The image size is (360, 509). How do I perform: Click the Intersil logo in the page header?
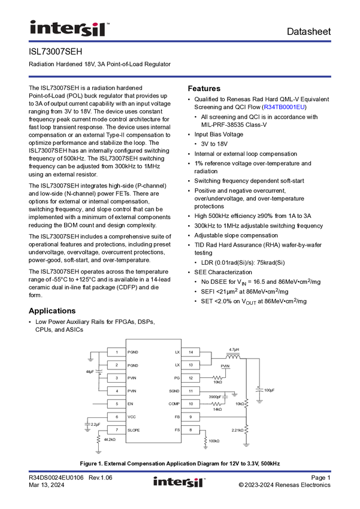(69, 28)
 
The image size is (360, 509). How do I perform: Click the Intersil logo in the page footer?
(180, 482)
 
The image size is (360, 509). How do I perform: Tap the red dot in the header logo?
(95, 22)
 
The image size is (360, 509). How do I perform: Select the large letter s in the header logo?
(86, 29)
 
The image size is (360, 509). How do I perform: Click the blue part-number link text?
(285, 107)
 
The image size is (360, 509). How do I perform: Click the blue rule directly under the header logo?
(180, 41)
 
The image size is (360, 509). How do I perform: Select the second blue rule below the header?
(180, 77)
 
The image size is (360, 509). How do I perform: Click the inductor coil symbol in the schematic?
(233, 356)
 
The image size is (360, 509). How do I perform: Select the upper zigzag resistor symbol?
(217, 378)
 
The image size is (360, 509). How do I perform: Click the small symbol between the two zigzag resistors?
(226, 396)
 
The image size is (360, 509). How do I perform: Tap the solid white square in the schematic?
(82, 368)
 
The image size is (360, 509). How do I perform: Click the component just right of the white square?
(99, 371)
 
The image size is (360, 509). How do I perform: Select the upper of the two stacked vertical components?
(246, 403)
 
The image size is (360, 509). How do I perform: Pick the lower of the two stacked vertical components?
(246, 428)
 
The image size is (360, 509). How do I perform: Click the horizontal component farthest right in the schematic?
(259, 390)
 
